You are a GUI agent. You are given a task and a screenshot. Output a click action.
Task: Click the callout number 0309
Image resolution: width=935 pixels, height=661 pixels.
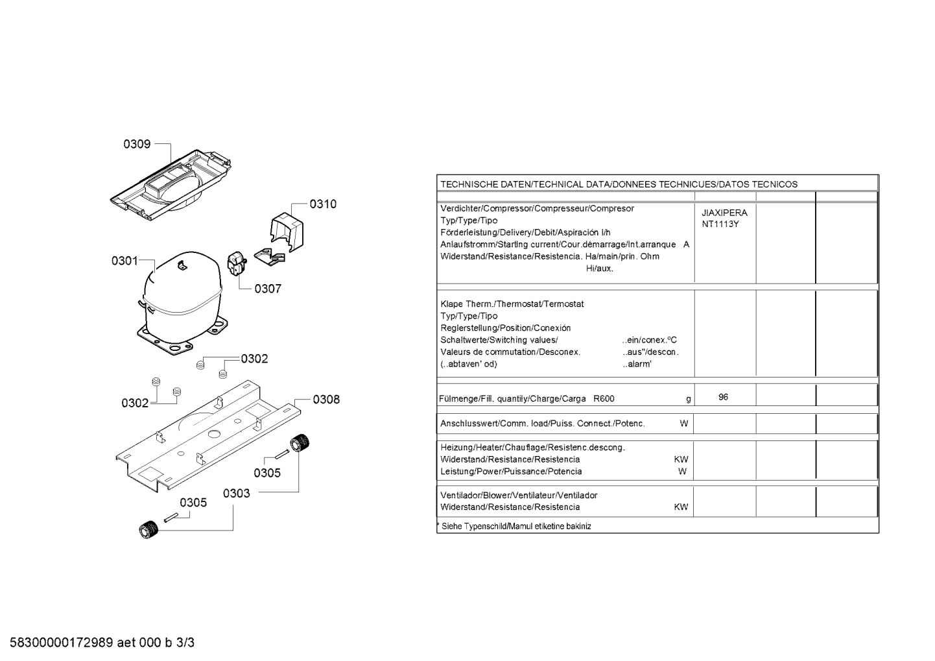coord(137,144)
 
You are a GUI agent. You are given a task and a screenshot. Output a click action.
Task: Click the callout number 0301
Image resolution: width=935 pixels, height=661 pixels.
coord(124,261)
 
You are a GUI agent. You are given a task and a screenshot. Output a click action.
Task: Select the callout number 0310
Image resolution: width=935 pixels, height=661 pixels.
coord(323,204)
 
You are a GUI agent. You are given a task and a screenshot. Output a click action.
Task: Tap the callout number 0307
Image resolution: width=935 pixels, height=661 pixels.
coord(268,289)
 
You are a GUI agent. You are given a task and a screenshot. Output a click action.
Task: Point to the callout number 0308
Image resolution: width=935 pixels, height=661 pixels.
coord(326,400)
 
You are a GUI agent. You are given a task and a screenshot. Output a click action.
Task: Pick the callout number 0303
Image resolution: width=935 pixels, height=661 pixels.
coord(236,494)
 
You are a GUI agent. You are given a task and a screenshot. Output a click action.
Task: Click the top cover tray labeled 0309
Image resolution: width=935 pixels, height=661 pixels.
coord(171,185)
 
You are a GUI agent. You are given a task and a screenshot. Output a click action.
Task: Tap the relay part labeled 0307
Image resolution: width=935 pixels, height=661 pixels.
coord(236,264)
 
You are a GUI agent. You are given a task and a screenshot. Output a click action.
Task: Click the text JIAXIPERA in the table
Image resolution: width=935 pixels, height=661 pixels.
coord(724,213)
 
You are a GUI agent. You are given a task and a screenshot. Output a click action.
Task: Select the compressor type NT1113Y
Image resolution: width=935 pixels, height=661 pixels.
coord(720,224)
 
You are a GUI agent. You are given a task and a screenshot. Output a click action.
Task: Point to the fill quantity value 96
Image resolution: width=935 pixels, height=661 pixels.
coord(724,397)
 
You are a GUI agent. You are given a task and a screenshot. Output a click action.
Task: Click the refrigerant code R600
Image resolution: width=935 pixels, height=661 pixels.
coord(604,399)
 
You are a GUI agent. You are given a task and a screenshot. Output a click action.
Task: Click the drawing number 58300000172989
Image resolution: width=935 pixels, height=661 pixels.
coord(62,643)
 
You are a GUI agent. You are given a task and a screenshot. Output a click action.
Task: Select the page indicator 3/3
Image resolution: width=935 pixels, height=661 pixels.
coord(185,643)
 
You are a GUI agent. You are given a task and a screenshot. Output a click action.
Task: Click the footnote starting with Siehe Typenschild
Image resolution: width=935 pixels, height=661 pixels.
coord(515,527)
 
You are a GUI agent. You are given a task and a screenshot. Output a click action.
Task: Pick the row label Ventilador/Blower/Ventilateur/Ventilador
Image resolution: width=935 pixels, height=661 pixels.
coord(519,496)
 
